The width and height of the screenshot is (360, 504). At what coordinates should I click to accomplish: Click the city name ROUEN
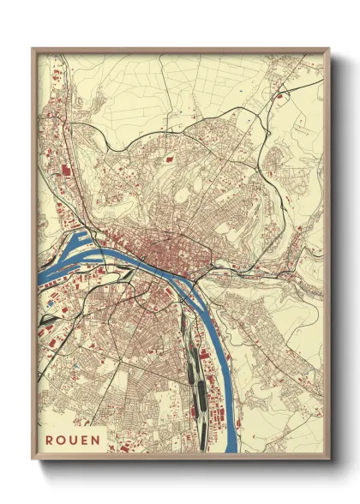click(x=73, y=440)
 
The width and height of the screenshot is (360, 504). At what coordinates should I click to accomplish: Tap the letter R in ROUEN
click(x=51, y=440)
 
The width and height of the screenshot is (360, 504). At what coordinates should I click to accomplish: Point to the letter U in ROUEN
click(x=74, y=440)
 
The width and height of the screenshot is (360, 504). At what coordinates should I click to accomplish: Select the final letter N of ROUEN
click(x=95, y=440)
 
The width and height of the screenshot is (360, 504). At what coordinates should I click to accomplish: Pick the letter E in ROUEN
click(x=85, y=440)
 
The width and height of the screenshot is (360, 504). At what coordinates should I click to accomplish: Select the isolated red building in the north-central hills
click(x=170, y=157)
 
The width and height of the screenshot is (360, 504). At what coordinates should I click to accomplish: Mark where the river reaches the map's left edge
click(x=39, y=283)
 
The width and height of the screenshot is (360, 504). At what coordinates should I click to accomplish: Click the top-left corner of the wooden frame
click(x=32, y=48)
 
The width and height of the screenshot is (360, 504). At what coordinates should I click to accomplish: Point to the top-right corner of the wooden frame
click(x=329, y=48)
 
